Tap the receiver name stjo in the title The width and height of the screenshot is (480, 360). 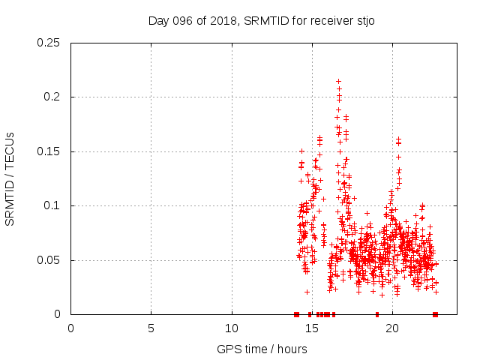(363, 20)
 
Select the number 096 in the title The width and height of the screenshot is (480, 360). (181, 20)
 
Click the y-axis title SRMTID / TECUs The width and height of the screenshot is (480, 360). (10, 178)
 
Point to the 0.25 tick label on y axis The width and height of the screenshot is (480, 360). (49, 43)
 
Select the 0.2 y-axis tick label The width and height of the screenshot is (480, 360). (53, 97)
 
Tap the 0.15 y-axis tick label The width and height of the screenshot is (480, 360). (49, 151)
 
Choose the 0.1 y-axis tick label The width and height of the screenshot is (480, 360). (53, 206)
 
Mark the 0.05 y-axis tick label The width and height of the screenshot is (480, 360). (49, 260)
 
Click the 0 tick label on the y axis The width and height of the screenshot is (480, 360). (59, 314)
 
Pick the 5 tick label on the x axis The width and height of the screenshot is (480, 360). (151, 328)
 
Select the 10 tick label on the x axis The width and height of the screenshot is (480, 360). (232, 328)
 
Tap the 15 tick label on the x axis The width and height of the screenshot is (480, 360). (312, 328)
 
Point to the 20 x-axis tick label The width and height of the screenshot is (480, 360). (392, 328)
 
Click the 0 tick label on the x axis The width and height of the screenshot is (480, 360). (71, 328)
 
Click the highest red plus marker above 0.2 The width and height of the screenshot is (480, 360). (338, 81)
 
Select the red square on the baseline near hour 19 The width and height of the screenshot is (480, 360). (376, 314)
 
